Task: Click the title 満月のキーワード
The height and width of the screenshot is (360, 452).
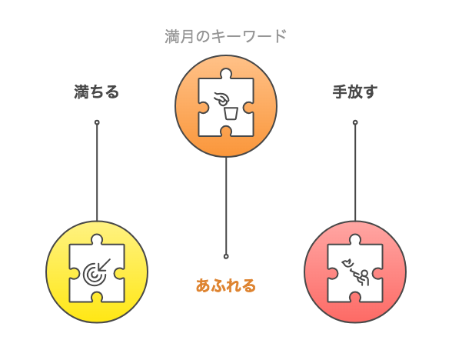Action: coord(226,36)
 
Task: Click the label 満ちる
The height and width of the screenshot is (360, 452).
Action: coord(97,92)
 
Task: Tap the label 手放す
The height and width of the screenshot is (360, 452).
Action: coord(355,92)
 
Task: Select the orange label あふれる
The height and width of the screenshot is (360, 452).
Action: coord(226,285)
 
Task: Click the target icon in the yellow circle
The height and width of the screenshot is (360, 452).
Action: coord(94,275)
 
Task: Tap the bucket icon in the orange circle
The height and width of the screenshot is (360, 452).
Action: coord(231,113)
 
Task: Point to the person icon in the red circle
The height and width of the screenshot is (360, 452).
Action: coord(363,278)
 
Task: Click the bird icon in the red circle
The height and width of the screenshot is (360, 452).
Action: coord(347,263)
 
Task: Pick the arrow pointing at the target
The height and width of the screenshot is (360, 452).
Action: coord(104,265)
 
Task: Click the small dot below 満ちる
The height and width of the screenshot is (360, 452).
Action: coord(97,122)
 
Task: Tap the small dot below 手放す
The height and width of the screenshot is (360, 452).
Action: coord(355,122)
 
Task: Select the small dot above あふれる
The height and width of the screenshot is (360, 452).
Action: coord(226,256)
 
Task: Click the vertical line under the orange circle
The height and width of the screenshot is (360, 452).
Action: coord(226,205)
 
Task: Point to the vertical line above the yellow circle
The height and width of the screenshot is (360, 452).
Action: coord(97,173)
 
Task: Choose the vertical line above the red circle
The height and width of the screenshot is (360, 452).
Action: coord(355,173)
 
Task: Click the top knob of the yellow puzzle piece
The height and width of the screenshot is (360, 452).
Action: coord(97,239)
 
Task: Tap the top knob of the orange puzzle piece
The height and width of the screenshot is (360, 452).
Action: coord(226,74)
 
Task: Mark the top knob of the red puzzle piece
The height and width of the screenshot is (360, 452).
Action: coord(355,239)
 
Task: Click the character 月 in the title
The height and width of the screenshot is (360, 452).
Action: coord(187,36)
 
